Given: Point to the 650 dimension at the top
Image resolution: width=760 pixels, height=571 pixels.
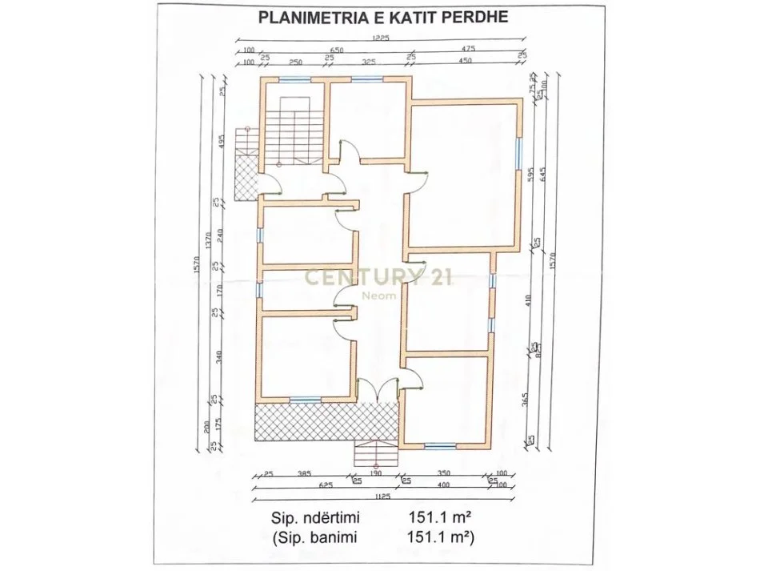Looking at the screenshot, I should [336, 50].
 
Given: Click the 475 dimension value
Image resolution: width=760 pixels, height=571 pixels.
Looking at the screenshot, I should [467, 50].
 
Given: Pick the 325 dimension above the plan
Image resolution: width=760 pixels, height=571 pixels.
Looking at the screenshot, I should [370, 62].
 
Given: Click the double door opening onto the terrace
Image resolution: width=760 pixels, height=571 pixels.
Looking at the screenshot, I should [378, 391].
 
